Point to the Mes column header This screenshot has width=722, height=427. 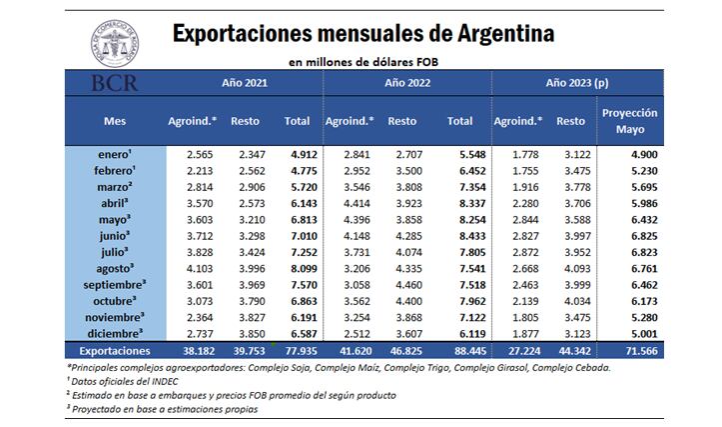(114, 121)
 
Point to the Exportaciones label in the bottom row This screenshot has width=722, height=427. (114, 351)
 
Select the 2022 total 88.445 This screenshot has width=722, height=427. (458, 351)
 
